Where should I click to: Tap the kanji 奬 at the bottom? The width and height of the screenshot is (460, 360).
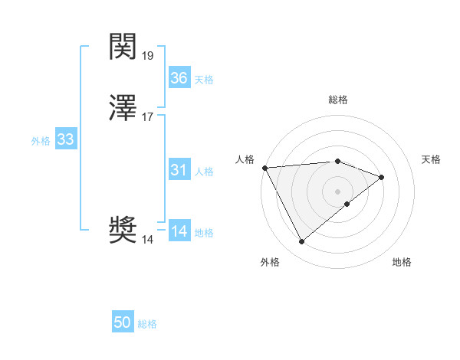123,231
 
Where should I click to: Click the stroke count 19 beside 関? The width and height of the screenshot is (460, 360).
148,55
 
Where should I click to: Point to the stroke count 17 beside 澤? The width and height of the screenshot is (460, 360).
148,117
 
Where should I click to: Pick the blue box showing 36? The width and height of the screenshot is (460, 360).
179,78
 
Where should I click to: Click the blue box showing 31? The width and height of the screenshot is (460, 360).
179,170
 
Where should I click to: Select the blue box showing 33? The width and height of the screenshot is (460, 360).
65,139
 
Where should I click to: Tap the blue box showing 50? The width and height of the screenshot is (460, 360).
123,322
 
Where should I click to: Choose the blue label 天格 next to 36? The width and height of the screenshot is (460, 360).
204,80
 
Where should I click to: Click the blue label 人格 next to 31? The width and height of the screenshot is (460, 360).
204,172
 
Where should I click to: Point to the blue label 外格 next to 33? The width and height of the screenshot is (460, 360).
41,141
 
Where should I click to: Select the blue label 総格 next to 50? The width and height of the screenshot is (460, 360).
147,324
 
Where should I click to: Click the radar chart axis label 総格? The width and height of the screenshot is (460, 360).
338,100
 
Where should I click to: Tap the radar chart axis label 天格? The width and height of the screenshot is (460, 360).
432,159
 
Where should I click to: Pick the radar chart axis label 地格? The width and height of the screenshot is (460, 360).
402,263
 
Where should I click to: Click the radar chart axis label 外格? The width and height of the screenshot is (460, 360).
270,263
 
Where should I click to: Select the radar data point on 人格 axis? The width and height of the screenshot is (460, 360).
264,168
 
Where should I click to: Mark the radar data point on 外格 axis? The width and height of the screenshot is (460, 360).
302,242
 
